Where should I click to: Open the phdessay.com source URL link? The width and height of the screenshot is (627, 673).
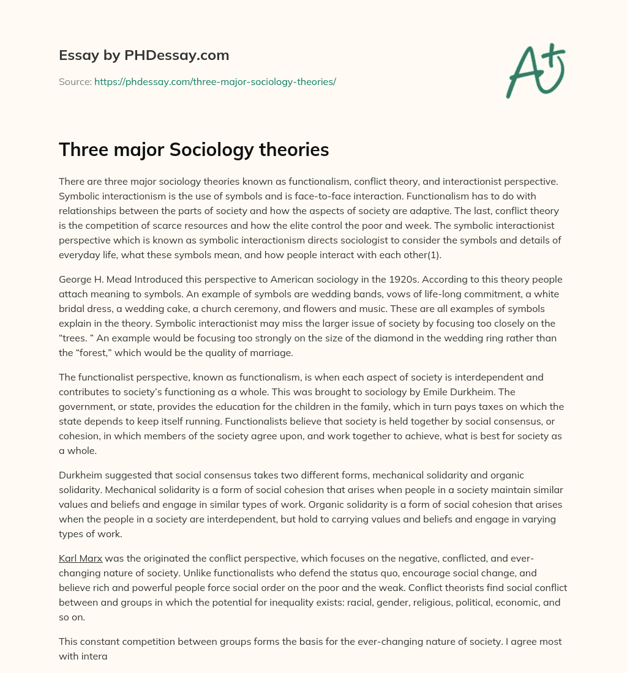[215, 81]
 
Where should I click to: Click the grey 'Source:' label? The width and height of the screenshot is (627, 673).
[75, 81]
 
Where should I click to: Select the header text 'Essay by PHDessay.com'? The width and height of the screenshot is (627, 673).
[144, 55]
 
